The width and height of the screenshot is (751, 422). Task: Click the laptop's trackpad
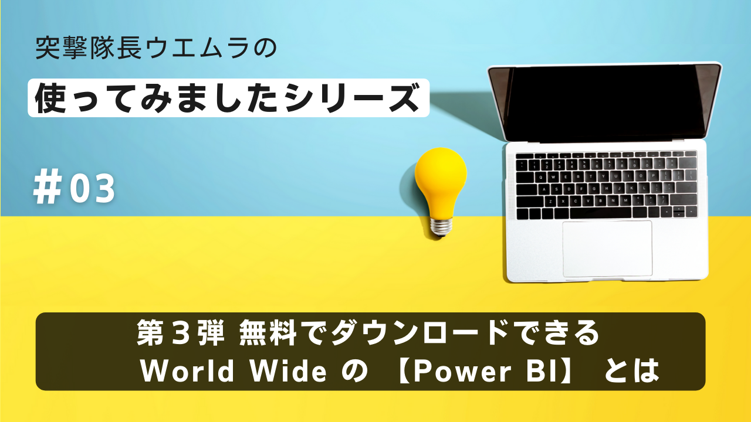tap(607, 248)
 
